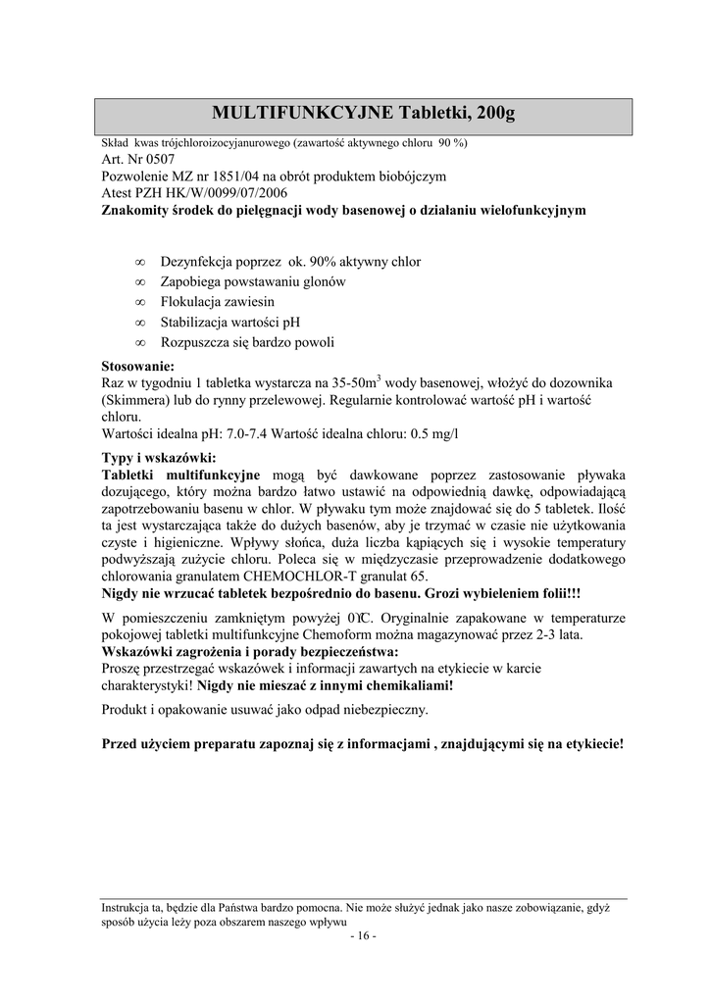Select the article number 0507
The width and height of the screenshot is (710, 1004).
point(157,160)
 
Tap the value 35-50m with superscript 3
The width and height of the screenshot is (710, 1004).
point(358,382)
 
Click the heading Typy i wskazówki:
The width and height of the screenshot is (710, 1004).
point(159,458)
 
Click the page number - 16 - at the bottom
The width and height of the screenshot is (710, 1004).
point(362,935)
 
